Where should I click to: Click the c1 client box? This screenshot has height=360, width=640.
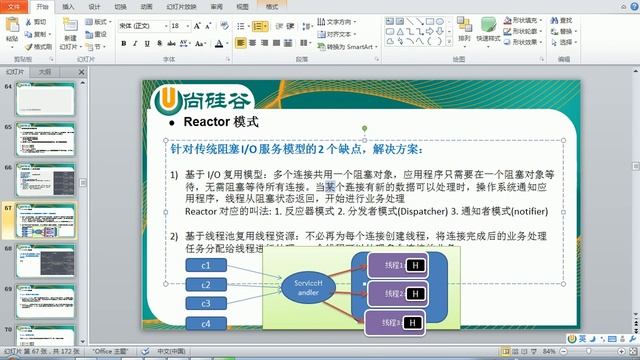coord(206,266)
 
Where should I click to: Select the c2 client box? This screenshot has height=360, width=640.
coord(206,285)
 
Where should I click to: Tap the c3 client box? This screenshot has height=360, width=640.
coord(206,303)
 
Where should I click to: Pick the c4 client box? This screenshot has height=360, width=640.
coord(206,324)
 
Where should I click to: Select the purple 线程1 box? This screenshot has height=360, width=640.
coord(393,266)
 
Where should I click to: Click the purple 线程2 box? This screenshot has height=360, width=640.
coord(393,294)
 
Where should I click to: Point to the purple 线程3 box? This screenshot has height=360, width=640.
coord(393,322)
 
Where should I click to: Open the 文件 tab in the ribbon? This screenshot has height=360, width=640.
coord(14,6)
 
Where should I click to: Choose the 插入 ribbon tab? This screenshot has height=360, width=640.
coord(68,6)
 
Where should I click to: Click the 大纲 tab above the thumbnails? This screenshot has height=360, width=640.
coord(44,73)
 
